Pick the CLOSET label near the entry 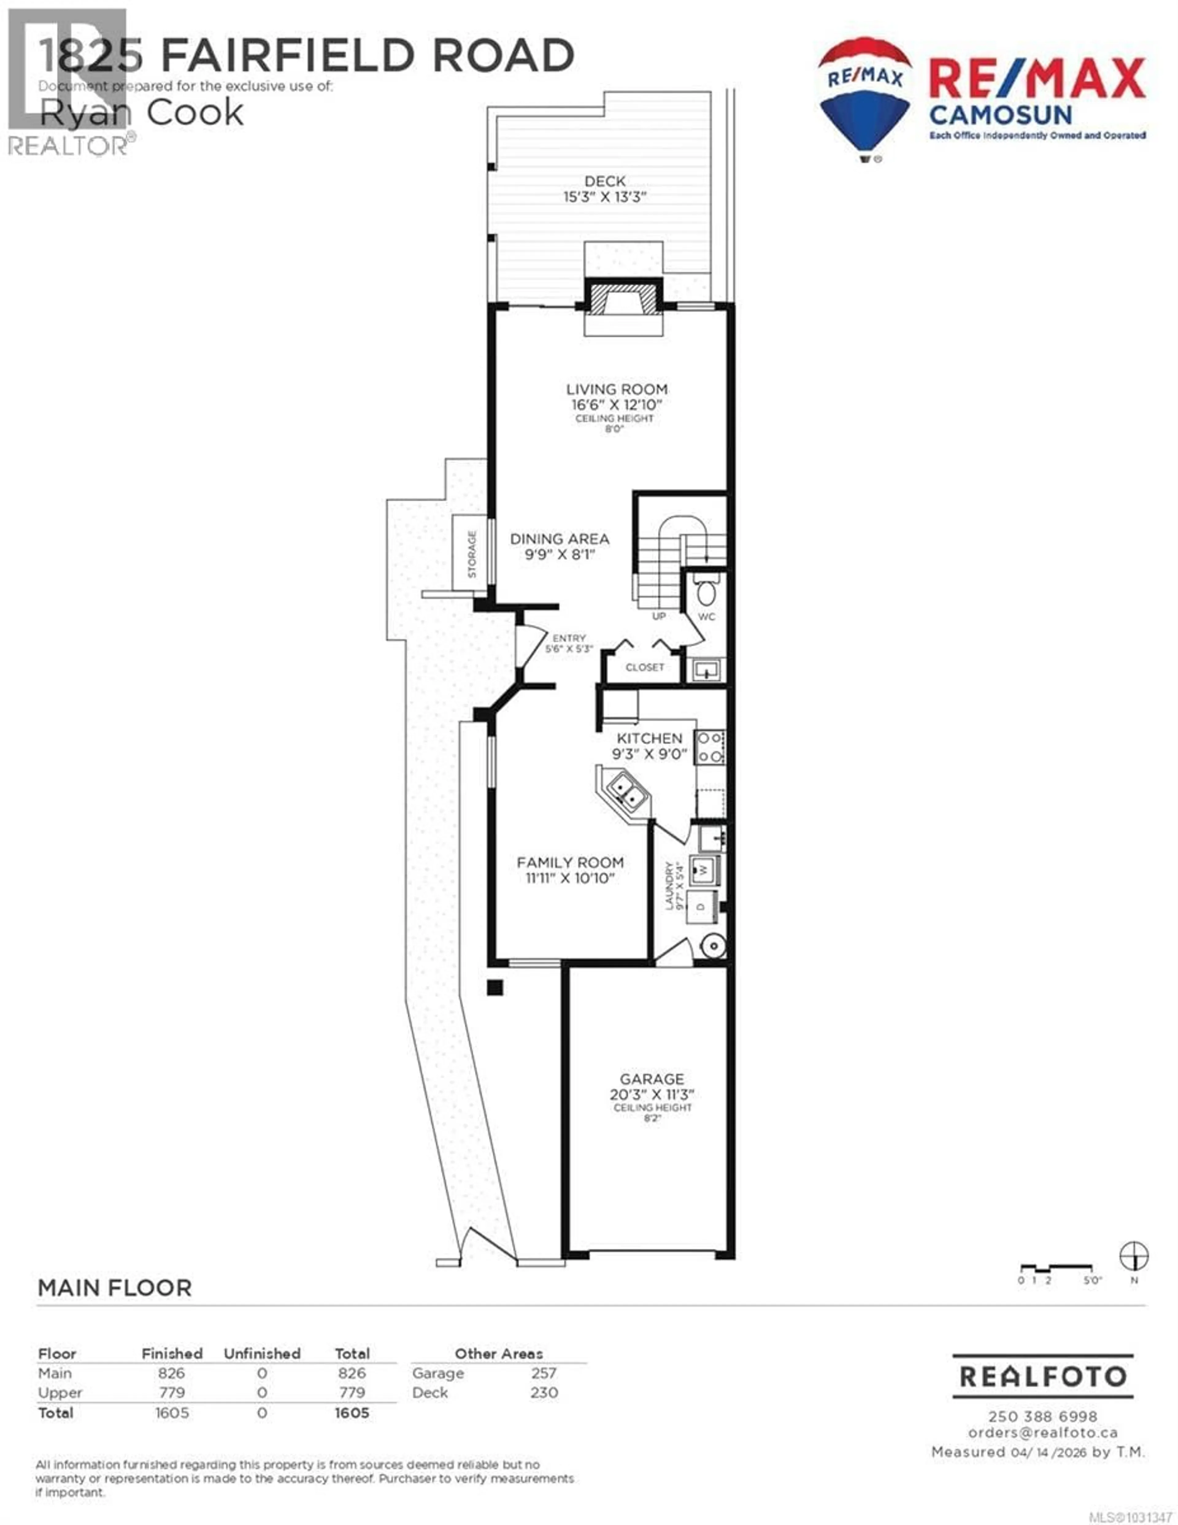pos(645,668)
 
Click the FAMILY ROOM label pos(570,862)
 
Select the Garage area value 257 pos(543,1373)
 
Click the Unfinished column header pos(262,1353)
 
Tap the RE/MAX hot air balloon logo pos(864,98)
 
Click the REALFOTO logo pos(1042,1376)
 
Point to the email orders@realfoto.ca pos(1042,1432)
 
